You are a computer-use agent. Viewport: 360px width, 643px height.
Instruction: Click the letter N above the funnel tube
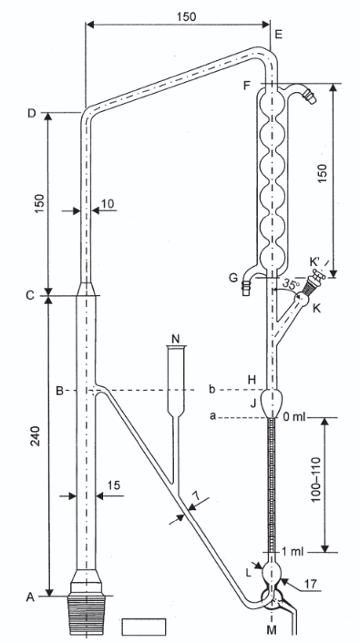(x=176, y=338)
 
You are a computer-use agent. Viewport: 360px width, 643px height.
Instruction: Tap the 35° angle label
(x=291, y=284)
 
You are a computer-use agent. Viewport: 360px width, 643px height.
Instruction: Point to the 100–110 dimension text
(x=315, y=485)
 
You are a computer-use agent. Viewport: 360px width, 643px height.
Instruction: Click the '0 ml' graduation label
(x=294, y=417)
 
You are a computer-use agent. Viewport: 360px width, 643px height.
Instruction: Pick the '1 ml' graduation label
(x=293, y=552)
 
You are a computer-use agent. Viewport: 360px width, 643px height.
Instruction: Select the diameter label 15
(x=114, y=485)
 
